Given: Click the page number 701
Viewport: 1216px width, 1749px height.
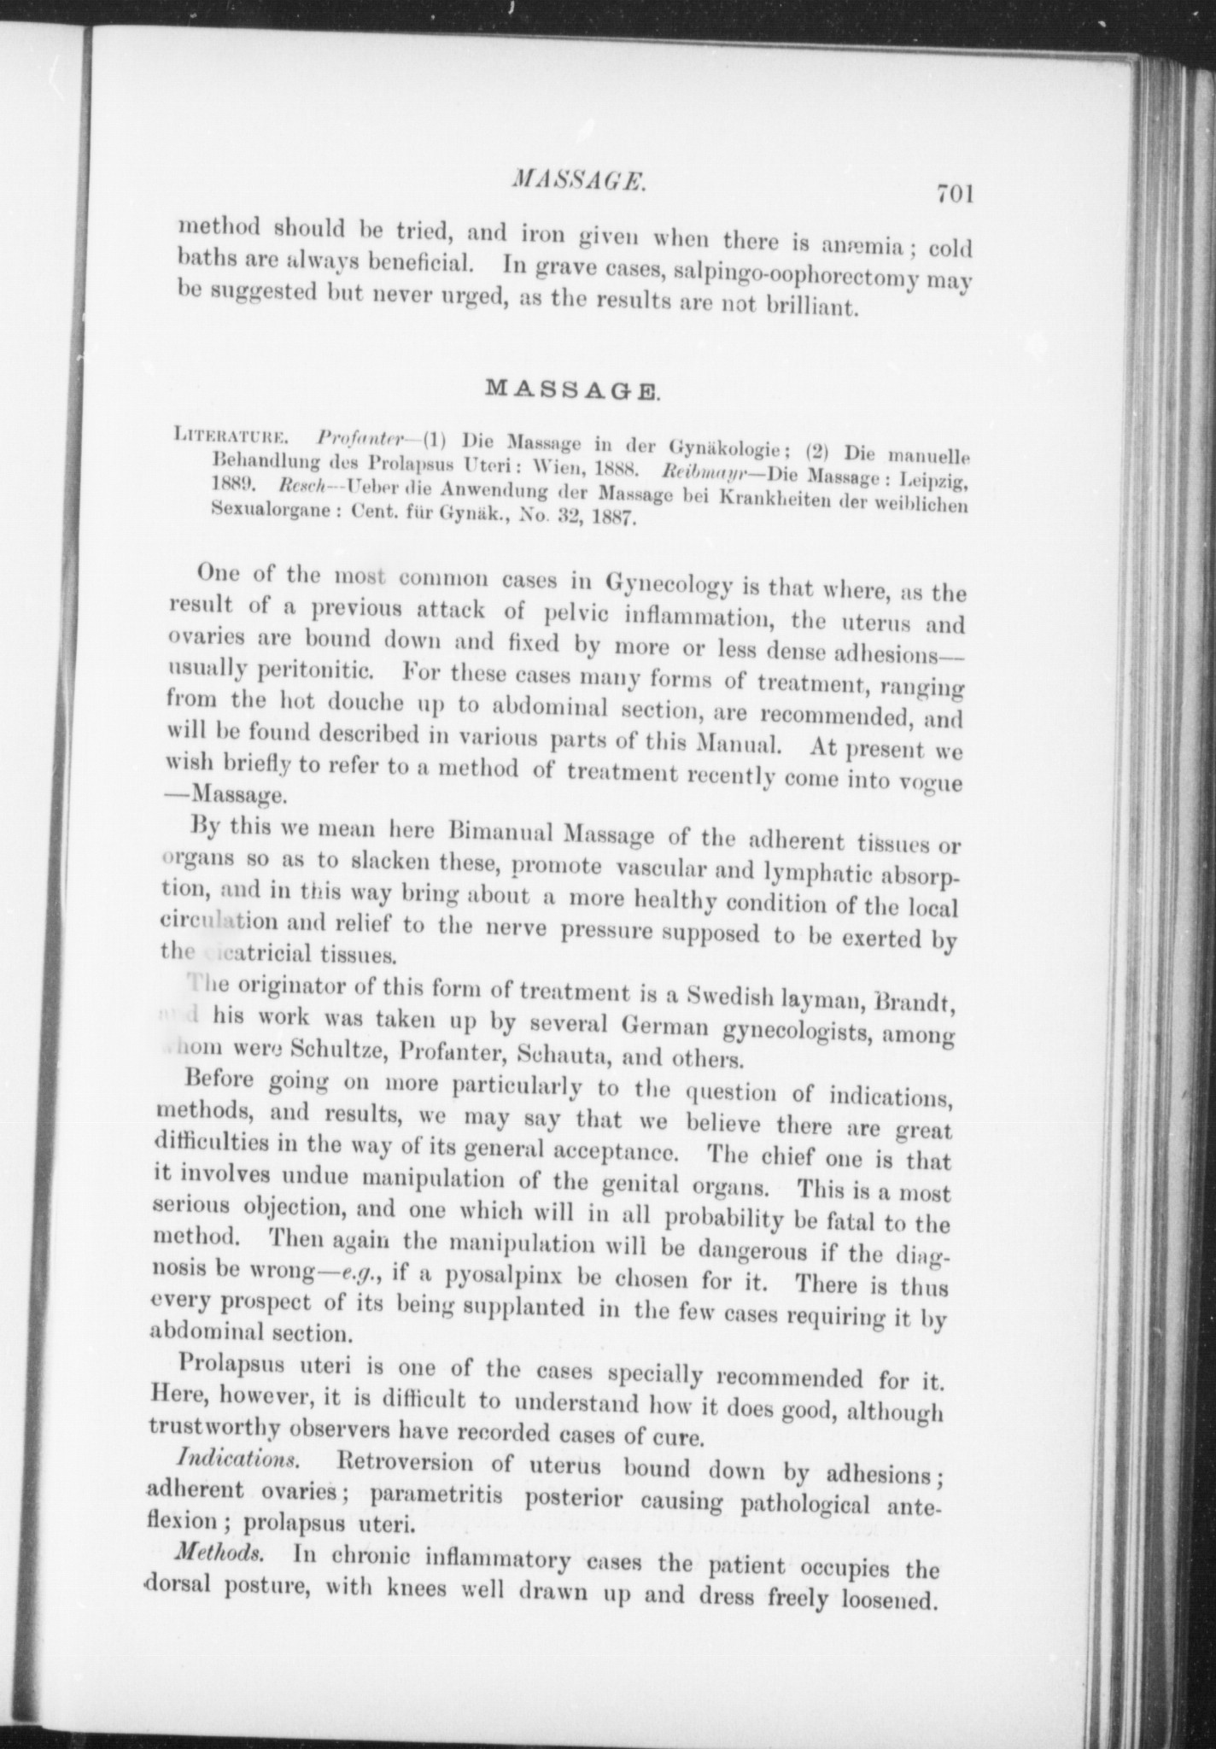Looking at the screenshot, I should (x=954, y=194).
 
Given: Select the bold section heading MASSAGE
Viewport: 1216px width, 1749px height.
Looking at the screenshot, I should (x=572, y=390).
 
